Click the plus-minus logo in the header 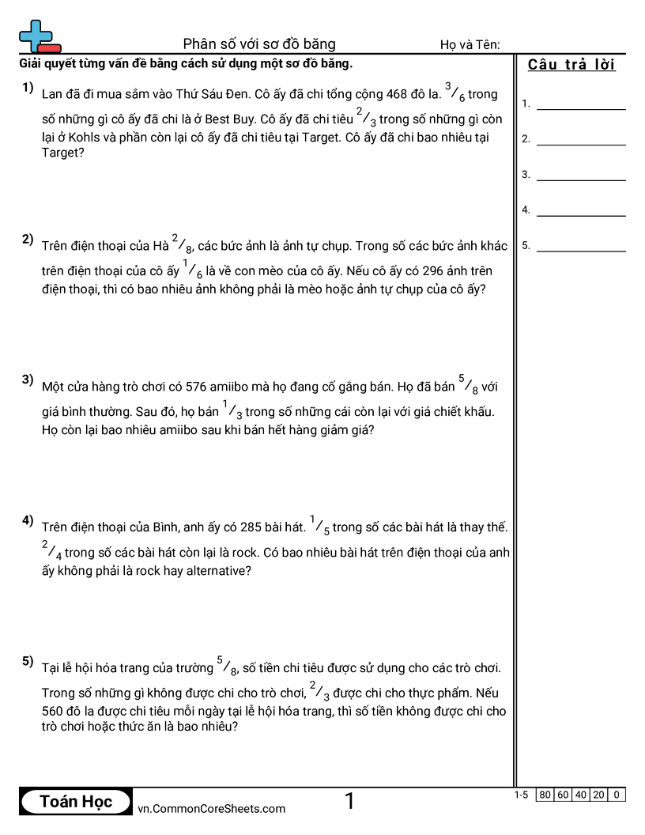[39, 37]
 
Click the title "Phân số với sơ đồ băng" [259, 43]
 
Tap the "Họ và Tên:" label [470, 45]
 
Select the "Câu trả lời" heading [571, 65]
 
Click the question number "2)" [28, 240]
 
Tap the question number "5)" [28, 661]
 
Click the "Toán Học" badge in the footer [76, 801]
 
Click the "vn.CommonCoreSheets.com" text [212, 808]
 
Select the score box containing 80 [545, 795]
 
